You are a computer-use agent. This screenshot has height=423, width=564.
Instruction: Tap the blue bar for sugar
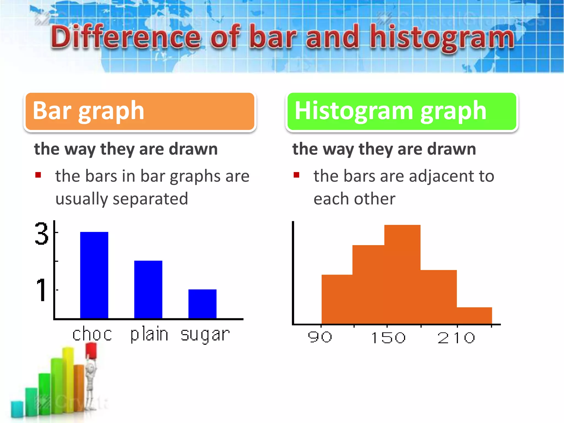coord(202,304)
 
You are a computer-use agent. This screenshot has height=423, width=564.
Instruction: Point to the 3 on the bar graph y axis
coord(41,234)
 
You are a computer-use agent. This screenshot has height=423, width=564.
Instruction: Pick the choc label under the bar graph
coord(92,334)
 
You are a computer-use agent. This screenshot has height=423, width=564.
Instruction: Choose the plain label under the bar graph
coord(149,334)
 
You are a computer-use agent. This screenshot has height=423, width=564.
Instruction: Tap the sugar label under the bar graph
coord(205,335)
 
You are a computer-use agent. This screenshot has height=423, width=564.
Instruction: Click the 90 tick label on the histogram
coord(320,337)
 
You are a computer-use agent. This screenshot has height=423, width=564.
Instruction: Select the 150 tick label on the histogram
coord(388,338)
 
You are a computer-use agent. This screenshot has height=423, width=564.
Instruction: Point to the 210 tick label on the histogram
coord(456,338)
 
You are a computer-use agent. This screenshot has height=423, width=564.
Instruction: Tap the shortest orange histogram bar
coord(474,316)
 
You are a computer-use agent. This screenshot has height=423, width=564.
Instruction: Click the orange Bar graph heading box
coord(140,111)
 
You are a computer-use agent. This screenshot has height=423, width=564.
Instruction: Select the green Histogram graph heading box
coord(402,111)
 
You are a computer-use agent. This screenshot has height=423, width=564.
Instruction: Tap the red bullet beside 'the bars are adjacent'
coord(296,175)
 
